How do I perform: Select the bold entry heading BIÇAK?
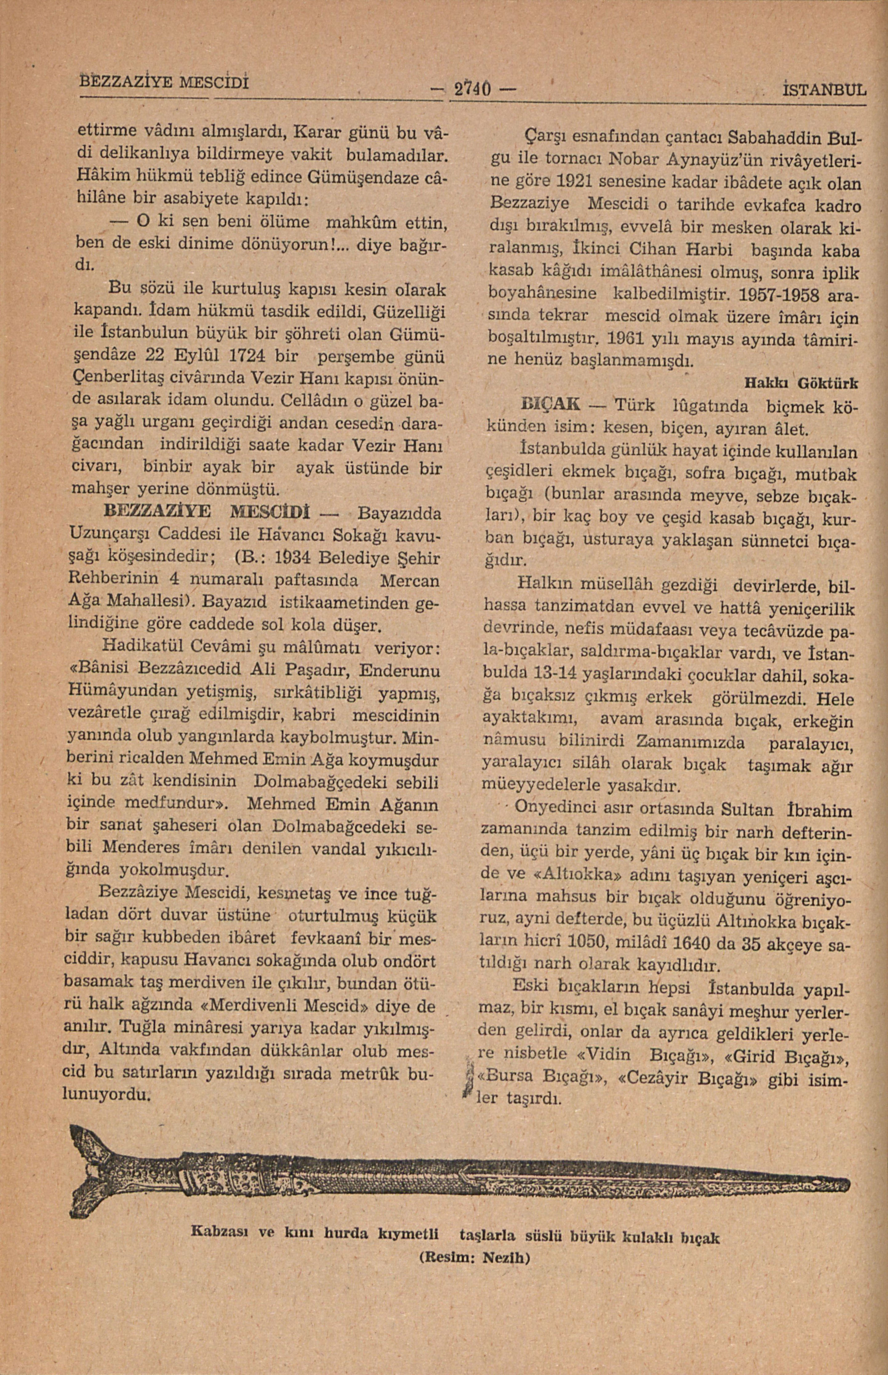[551, 405]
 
